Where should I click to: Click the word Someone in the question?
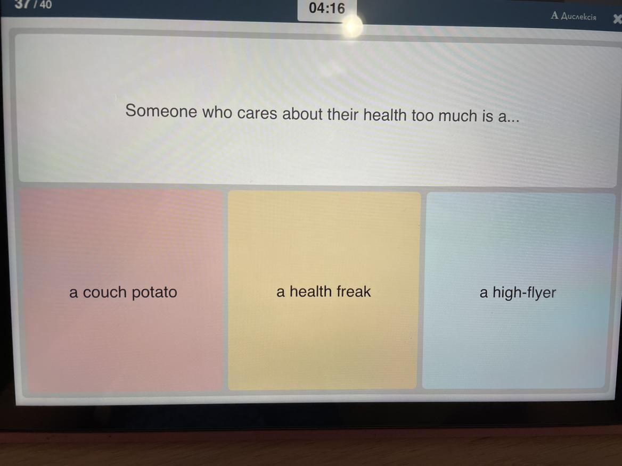point(161,111)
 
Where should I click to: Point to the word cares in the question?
point(257,113)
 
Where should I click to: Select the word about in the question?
point(302,114)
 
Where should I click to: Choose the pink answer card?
point(121,291)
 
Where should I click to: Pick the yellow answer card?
point(324,290)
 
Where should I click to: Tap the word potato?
point(154,293)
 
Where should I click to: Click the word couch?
point(104,293)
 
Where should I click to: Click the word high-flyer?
point(524,293)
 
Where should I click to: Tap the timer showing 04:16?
point(327,8)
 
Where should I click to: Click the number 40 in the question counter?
point(46,5)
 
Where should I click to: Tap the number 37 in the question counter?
point(22,4)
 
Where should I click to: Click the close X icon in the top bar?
point(617,19)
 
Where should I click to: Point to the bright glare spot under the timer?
point(351,26)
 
